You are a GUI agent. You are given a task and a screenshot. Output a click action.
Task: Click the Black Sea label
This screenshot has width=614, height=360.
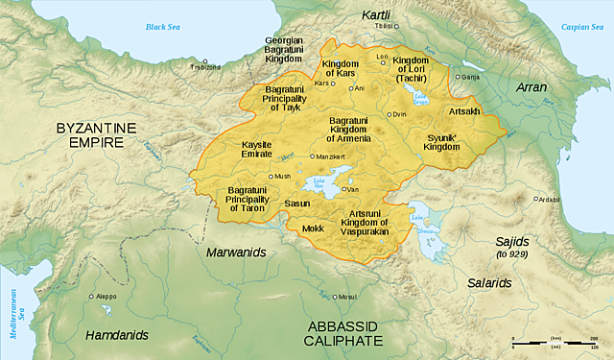pos(163,27)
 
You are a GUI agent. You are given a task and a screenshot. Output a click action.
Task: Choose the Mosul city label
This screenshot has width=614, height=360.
pos(347,297)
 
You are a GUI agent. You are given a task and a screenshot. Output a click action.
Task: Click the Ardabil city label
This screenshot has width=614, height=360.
pos(548,200)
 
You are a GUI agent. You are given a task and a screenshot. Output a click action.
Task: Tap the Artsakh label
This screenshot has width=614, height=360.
pos(464,110)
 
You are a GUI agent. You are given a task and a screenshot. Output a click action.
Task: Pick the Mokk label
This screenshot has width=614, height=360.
pos(313,229)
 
